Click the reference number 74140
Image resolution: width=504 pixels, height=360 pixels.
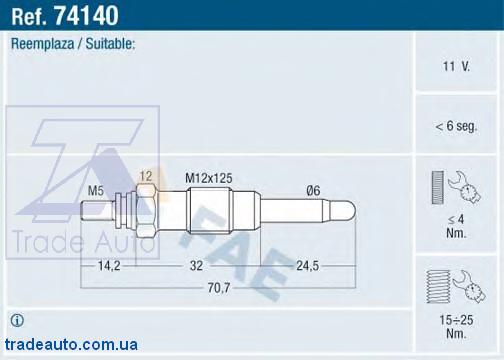86,15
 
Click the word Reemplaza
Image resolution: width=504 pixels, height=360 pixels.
43,44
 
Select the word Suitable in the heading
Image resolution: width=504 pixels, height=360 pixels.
110,44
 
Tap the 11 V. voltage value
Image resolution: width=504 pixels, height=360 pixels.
456,66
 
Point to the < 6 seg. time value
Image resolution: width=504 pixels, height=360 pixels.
456,126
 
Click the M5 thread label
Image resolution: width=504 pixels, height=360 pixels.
96,191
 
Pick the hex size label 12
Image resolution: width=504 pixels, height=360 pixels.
146,176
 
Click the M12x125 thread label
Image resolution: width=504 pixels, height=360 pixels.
209,178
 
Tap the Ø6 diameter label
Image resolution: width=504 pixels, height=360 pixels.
313,191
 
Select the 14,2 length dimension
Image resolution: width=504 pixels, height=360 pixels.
109,266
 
